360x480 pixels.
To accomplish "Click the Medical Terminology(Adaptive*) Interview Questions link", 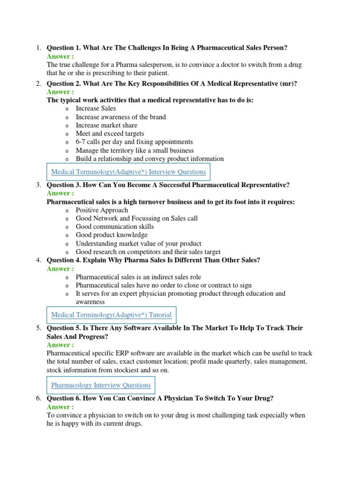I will point(128,172).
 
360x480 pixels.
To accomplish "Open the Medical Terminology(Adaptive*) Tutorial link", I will point(111,315).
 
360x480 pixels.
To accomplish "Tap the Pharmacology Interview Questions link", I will point(101,385).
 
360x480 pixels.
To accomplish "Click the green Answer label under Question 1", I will point(60,56).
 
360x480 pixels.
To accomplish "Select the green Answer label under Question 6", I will point(60,407).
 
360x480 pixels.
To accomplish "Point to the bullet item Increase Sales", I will point(96,108).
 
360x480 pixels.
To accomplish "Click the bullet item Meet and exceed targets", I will point(110,134).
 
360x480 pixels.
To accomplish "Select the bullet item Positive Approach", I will point(102,210).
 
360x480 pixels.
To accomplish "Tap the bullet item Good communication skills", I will point(114,226).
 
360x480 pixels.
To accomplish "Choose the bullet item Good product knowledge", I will point(112,235).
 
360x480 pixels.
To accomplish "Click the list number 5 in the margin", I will point(39,328).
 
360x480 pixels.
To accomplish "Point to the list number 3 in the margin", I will point(39,185).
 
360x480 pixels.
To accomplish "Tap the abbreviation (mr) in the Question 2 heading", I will point(288,84).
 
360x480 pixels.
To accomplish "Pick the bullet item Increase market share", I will point(106,125).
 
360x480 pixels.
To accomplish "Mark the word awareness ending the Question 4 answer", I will point(90,302).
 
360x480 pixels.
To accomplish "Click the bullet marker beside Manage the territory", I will point(67,151).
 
